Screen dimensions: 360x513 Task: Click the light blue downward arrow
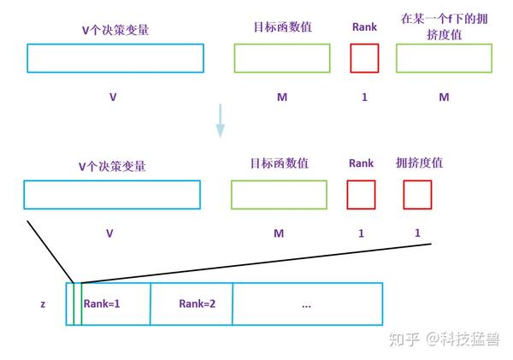pyautogui.click(x=220, y=121)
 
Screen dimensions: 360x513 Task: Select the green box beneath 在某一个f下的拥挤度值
pyautogui.click(x=444, y=58)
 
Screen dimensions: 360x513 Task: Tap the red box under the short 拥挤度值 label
pyautogui.click(x=417, y=195)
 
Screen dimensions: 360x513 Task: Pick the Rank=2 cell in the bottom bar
pyautogui.click(x=192, y=304)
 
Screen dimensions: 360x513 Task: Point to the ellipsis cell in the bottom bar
pyautogui.click(x=307, y=304)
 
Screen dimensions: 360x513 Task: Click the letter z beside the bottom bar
pyautogui.click(x=43, y=304)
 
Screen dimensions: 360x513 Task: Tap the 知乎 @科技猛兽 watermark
pyautogui.click(x=445, y=339)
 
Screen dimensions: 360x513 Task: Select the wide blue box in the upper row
pyautogui.click(x=115, y=58)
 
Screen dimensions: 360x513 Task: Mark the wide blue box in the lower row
pyautogui.click(x=112, y=195)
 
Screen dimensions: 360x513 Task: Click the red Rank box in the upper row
pyautogui.click(x=364, y=58)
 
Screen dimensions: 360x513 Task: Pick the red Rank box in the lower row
pyautogui.click(x=361, y=195)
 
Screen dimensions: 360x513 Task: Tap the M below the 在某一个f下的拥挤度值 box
pyautogui.click(x=444, y=97)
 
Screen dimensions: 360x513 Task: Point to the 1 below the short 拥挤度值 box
pyautogui.click(x=417, y=233)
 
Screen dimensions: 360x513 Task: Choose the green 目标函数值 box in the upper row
pyautogui.click(x=282, y=58)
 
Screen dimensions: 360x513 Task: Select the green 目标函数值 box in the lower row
pyautogui.click(x=280, y=195)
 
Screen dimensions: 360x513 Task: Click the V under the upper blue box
pyautogui.click(x=113, y=97)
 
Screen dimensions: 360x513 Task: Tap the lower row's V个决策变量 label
pyautogui.click(x=112, y=167)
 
